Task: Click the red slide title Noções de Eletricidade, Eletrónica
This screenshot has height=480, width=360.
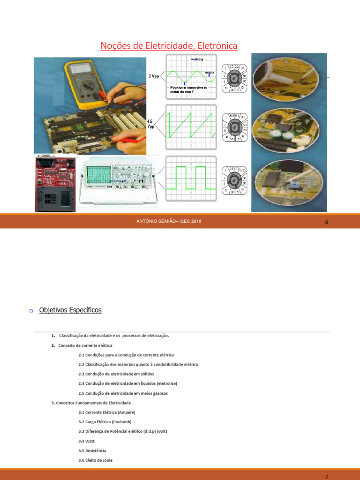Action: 169,45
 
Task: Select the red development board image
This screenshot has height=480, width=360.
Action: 55,183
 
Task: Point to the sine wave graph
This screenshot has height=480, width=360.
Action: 191,76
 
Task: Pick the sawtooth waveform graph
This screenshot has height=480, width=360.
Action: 191,127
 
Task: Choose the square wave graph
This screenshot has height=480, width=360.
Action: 191,178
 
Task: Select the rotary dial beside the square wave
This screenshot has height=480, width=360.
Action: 235,181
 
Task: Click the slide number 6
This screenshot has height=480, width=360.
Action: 327,222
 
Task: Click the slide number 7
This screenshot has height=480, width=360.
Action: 327,476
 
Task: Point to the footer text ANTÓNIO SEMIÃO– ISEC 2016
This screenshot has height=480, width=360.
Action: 169,221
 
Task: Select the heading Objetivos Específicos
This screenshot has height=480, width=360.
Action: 70,310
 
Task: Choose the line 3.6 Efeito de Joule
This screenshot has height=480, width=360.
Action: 96,460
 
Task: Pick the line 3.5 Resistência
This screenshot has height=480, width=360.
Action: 92,450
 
